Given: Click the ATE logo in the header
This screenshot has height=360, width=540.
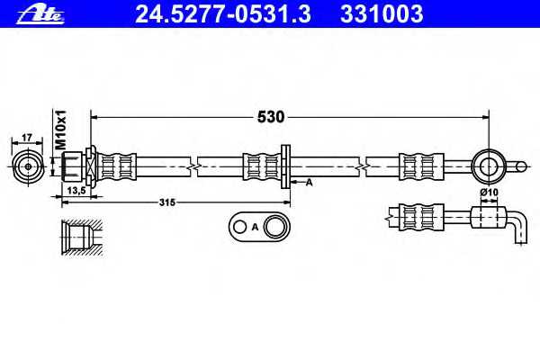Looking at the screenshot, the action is coord(40,15).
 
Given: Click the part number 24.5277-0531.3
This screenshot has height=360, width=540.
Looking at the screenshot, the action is coord(223,14).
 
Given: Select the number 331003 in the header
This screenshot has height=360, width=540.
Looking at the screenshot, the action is coord(382,14).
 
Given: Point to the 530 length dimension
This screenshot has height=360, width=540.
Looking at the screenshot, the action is coord(271,117).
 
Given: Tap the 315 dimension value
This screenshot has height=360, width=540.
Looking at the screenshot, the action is coord(167,202).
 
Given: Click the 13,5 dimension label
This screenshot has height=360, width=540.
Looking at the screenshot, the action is coord(76,191).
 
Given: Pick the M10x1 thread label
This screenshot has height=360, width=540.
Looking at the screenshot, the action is coord(60,130).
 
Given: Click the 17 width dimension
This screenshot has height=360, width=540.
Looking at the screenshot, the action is coord(27,138).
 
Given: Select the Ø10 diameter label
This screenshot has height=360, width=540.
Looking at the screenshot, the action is coord(489,193).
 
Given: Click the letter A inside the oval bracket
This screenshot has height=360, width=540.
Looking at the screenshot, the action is coord(255,227).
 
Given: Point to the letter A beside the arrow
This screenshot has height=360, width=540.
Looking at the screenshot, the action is coord(310,182).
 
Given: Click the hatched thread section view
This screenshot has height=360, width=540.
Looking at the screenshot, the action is coord(82,238).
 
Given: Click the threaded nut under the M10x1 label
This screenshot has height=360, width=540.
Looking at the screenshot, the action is coord(72,166).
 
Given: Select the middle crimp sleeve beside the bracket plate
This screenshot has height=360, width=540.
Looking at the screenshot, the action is coord(262,166).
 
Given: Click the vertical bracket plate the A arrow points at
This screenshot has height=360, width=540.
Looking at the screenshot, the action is coord(285,166).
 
